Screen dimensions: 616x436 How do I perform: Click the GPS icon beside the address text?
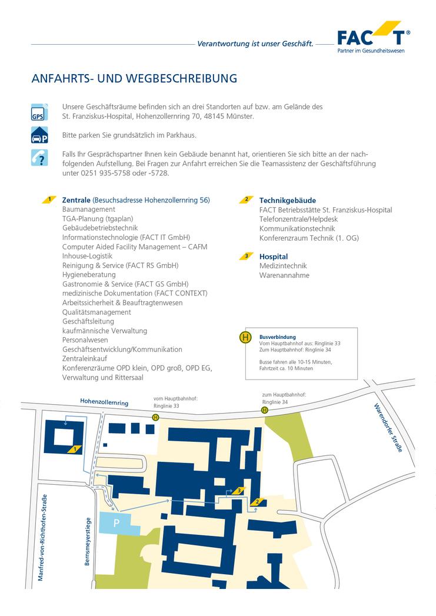pos(38,112)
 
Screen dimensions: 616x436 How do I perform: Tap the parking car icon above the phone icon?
pos(38,135)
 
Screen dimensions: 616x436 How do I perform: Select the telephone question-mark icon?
pos(38,158)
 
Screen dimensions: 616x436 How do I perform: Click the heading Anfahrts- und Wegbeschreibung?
pos(134,78)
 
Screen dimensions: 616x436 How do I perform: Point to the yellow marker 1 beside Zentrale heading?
pos(50,199)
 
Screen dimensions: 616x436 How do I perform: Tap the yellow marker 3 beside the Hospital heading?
pos(247,257)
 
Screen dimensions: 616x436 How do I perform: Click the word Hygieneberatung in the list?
pos(89,275)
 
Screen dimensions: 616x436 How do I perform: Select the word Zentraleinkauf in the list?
pos(86,359)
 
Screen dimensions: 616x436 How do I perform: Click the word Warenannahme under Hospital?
pos(284,275)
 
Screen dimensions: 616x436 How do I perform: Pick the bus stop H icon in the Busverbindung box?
pos(245,338)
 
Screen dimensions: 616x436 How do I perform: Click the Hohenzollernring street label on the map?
pos(104,402)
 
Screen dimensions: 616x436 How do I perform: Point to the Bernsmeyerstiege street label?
pos(88,541)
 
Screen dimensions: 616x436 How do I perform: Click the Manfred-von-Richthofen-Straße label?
pos(42,539)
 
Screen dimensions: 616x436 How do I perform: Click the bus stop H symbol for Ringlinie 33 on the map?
pos(155,417)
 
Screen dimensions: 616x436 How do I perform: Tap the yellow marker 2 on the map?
pos(257,502)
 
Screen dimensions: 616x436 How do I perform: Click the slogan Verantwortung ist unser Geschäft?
pos(255,44)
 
